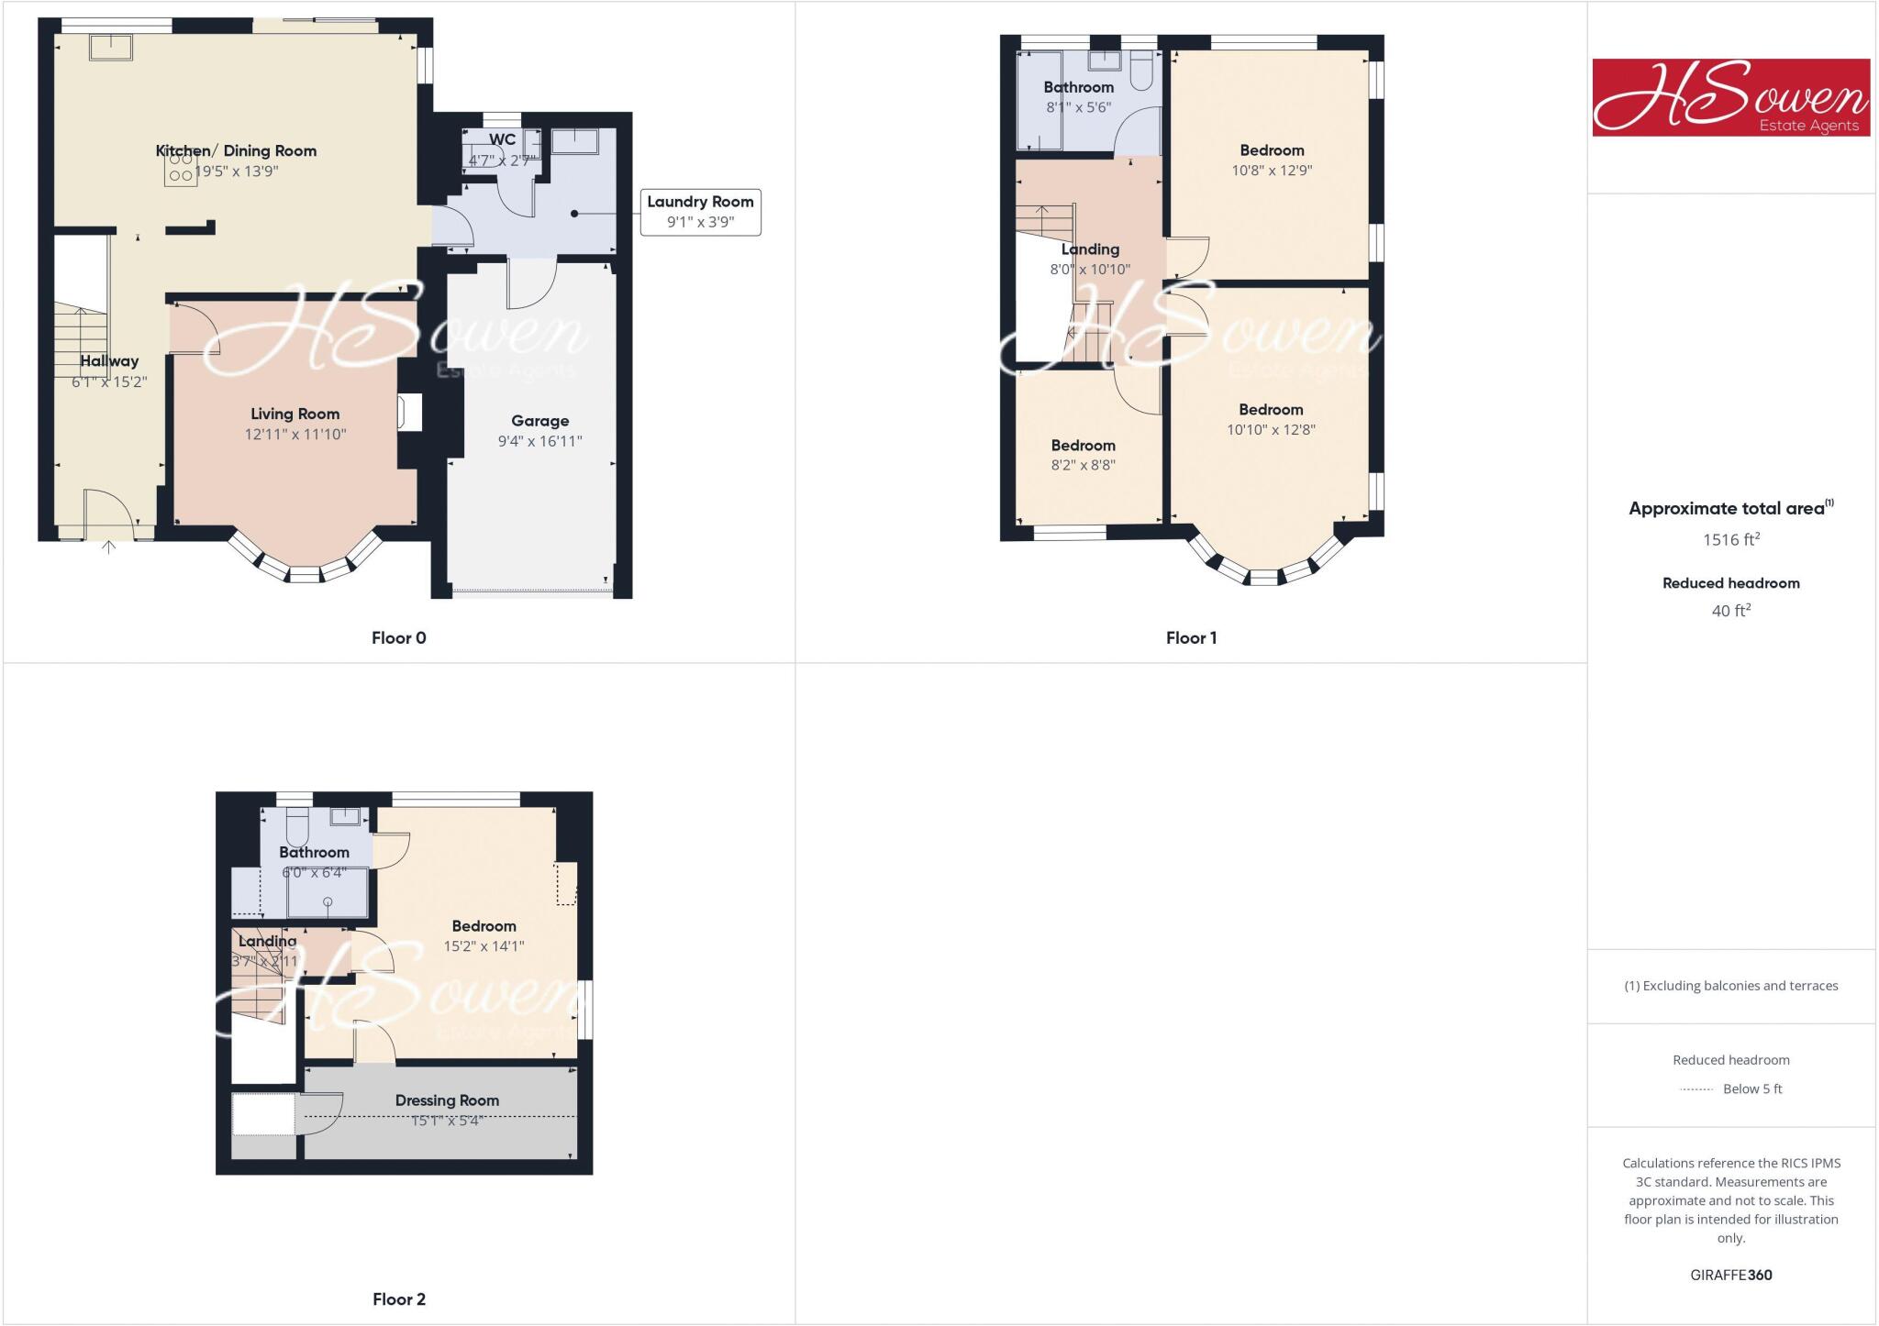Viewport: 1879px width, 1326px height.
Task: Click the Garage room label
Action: point(539,421)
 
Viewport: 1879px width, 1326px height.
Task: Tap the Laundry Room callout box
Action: point(700,212)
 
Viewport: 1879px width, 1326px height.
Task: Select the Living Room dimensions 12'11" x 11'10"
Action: point(295,435)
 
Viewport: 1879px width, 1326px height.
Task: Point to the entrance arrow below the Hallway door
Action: point(108,547)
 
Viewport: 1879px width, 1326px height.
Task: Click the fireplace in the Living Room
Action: point(409,412)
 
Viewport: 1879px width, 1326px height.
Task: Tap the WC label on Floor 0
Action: point(502,139)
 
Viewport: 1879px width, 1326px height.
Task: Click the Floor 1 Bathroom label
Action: point(1078,87)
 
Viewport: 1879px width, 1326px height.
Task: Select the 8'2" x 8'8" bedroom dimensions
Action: point(1083,465)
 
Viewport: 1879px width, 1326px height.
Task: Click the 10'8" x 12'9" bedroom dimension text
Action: point(1271,171)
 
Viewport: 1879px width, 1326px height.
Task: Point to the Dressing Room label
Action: point(447,1100)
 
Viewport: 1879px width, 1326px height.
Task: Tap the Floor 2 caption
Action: point(398,1298)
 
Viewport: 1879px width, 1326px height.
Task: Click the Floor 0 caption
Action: point(398,637)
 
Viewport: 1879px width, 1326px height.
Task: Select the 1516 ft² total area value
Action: point(1730,540)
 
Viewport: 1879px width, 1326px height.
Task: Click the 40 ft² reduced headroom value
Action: point(1730,611)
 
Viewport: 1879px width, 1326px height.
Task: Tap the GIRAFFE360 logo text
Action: point(1730,1275)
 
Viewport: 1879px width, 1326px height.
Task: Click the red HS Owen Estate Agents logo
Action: point(1730,97)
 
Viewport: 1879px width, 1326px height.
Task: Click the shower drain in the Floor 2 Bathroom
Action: point(328,902)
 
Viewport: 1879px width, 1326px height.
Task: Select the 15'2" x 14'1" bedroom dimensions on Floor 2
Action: point(484,946)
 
